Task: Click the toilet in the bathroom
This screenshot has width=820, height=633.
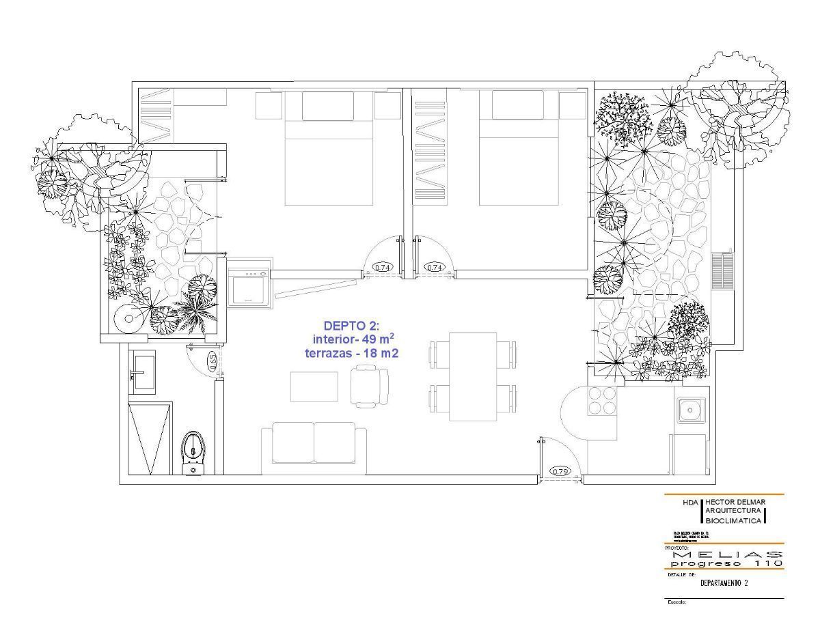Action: (194, 451)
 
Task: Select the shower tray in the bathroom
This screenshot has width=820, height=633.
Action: (150, 438)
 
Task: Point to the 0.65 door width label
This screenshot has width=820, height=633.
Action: (213, 361)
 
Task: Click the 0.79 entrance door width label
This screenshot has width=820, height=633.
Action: (560, 471)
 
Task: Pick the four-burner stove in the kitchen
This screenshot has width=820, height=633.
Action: (601, 400)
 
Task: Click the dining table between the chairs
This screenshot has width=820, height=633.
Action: (473, 376)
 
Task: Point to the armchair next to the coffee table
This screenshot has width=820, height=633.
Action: (369, 386)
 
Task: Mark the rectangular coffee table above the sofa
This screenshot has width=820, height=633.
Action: (314, 386)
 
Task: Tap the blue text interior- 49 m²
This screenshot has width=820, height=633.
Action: (353, 339)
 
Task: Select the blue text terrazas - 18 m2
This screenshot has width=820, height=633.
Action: (352, 354)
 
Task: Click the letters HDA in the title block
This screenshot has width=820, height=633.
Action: (691, 502)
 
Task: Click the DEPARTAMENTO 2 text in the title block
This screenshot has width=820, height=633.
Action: (724, 583)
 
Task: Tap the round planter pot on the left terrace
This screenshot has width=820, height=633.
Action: (128, 318)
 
